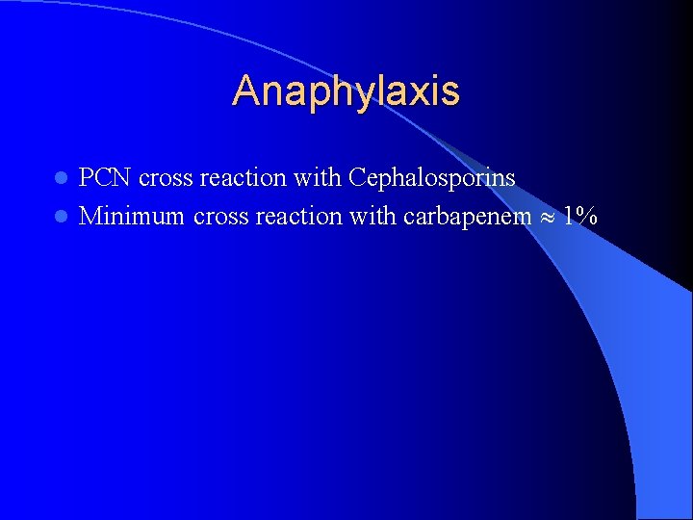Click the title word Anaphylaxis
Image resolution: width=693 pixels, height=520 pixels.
pos(346,91)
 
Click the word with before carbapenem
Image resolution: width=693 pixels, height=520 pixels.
pos(372,217)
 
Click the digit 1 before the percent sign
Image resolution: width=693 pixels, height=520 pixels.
pos(570,217)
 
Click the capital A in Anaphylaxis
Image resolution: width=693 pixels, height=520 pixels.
pos(246,91)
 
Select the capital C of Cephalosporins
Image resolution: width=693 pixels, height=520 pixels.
pos(358,178)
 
